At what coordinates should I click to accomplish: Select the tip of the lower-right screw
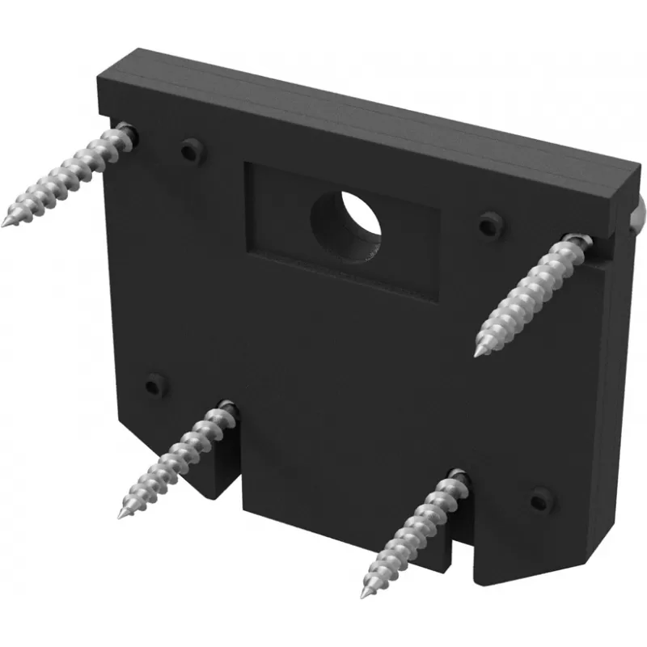[366, 598]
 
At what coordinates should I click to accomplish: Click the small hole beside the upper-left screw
[191, 150]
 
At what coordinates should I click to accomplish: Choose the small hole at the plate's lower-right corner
[537, 500]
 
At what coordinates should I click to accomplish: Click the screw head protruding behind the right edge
[638, 212]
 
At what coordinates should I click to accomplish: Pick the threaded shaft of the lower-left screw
[174, 461]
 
